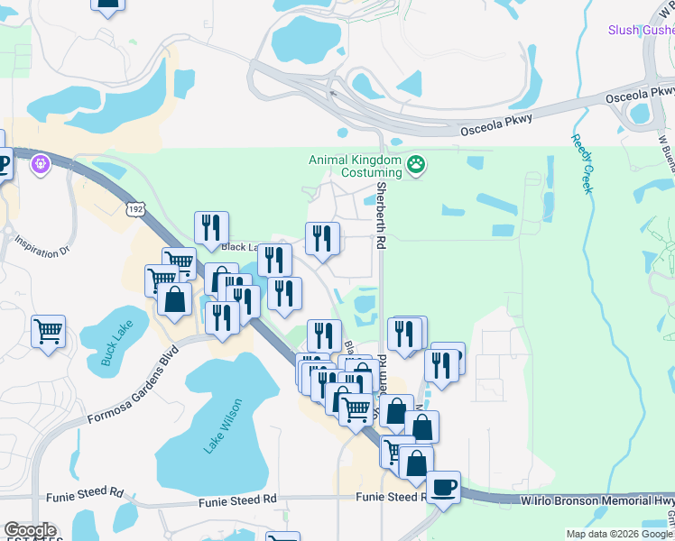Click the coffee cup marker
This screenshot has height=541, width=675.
(x=443, y=488)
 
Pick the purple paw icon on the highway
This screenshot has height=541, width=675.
(x=39, y=164)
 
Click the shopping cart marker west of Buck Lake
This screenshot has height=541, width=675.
(x=48, y=330)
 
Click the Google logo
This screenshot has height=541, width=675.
(x=31, y=530)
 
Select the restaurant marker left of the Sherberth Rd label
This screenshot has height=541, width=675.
(x=322, y=238)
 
